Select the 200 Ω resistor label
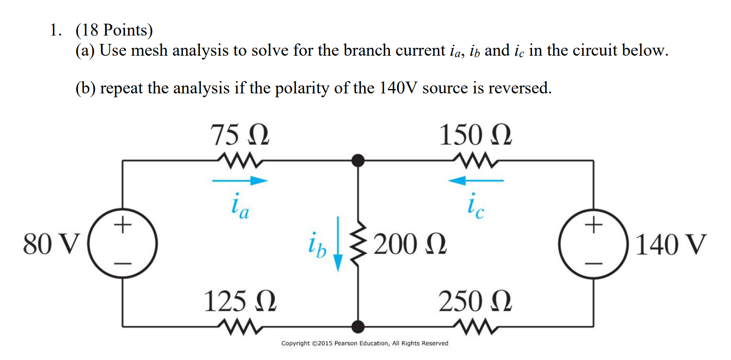tap(410, 244)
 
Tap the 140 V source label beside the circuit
tap(670, 244)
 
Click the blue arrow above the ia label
tap(240, 181)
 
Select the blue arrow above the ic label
tap(476, 180)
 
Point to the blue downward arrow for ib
tap(338, 244)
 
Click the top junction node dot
tap(358, 160)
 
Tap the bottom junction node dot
tap(358, 327)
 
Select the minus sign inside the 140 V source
tap(594, 264)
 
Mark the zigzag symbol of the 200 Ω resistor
tap(358, 244)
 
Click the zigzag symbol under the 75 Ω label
tap(240, 160)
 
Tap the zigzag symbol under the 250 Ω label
tap(476, 327)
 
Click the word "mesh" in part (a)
tap(149, 51)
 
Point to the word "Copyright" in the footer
tap(295, 343)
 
